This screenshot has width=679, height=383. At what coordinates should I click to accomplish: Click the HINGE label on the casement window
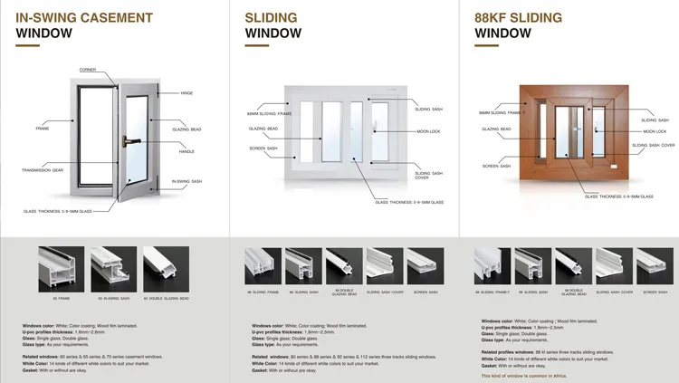(x=187, y=93)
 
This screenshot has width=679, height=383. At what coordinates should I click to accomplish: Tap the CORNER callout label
(x=88, y=70)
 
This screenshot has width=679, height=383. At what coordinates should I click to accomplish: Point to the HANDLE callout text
(x=186, y=151)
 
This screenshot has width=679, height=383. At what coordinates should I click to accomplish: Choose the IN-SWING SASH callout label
(x=188, y=182)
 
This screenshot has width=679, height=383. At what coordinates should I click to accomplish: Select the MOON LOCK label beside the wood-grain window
(x=655, y=131)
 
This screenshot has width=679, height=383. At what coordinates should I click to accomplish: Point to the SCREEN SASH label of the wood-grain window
(x=497, y=166)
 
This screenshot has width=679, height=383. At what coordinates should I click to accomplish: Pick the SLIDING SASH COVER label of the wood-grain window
(x=653, y=145)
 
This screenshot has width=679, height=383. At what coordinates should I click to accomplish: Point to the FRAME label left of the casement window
(x=43, y=129)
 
